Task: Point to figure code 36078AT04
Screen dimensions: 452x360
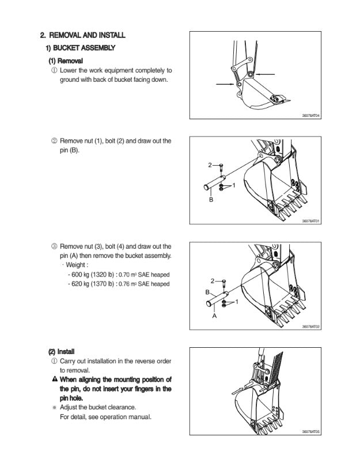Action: tap(310, 116)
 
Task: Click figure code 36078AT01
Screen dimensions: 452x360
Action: tap(310, 221)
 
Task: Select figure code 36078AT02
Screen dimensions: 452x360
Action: tap(310, 326)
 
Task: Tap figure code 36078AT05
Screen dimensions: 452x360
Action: tap(310, 432)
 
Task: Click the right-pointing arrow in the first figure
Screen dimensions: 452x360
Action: tap(224, 84)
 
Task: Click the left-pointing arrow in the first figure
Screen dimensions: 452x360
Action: tap(266, 75)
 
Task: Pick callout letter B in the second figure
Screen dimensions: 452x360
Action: tap(211, 199)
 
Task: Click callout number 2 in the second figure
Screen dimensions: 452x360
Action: tap(210, 166)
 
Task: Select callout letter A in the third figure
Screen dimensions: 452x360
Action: tap(214, 316)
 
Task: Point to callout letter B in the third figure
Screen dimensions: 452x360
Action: tap(208, 293)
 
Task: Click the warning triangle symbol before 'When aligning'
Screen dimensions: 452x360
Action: tap(54, 379)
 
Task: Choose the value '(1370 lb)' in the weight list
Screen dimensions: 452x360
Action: tap(101, 284)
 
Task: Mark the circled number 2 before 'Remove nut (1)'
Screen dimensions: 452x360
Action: tap(54, 140)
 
